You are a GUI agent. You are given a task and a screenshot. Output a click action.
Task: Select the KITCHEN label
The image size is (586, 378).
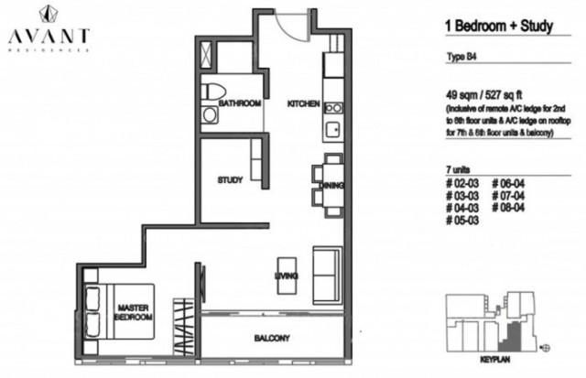click(302, 103)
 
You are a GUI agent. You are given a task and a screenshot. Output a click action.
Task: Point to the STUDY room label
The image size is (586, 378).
click(229, 180)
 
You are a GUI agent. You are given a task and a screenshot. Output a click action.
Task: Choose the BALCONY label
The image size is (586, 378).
click(272, 339)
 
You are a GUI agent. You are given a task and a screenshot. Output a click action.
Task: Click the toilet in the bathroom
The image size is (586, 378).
click(213, 92)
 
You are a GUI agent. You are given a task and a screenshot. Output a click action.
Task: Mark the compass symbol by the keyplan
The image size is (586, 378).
click(547, 349)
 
